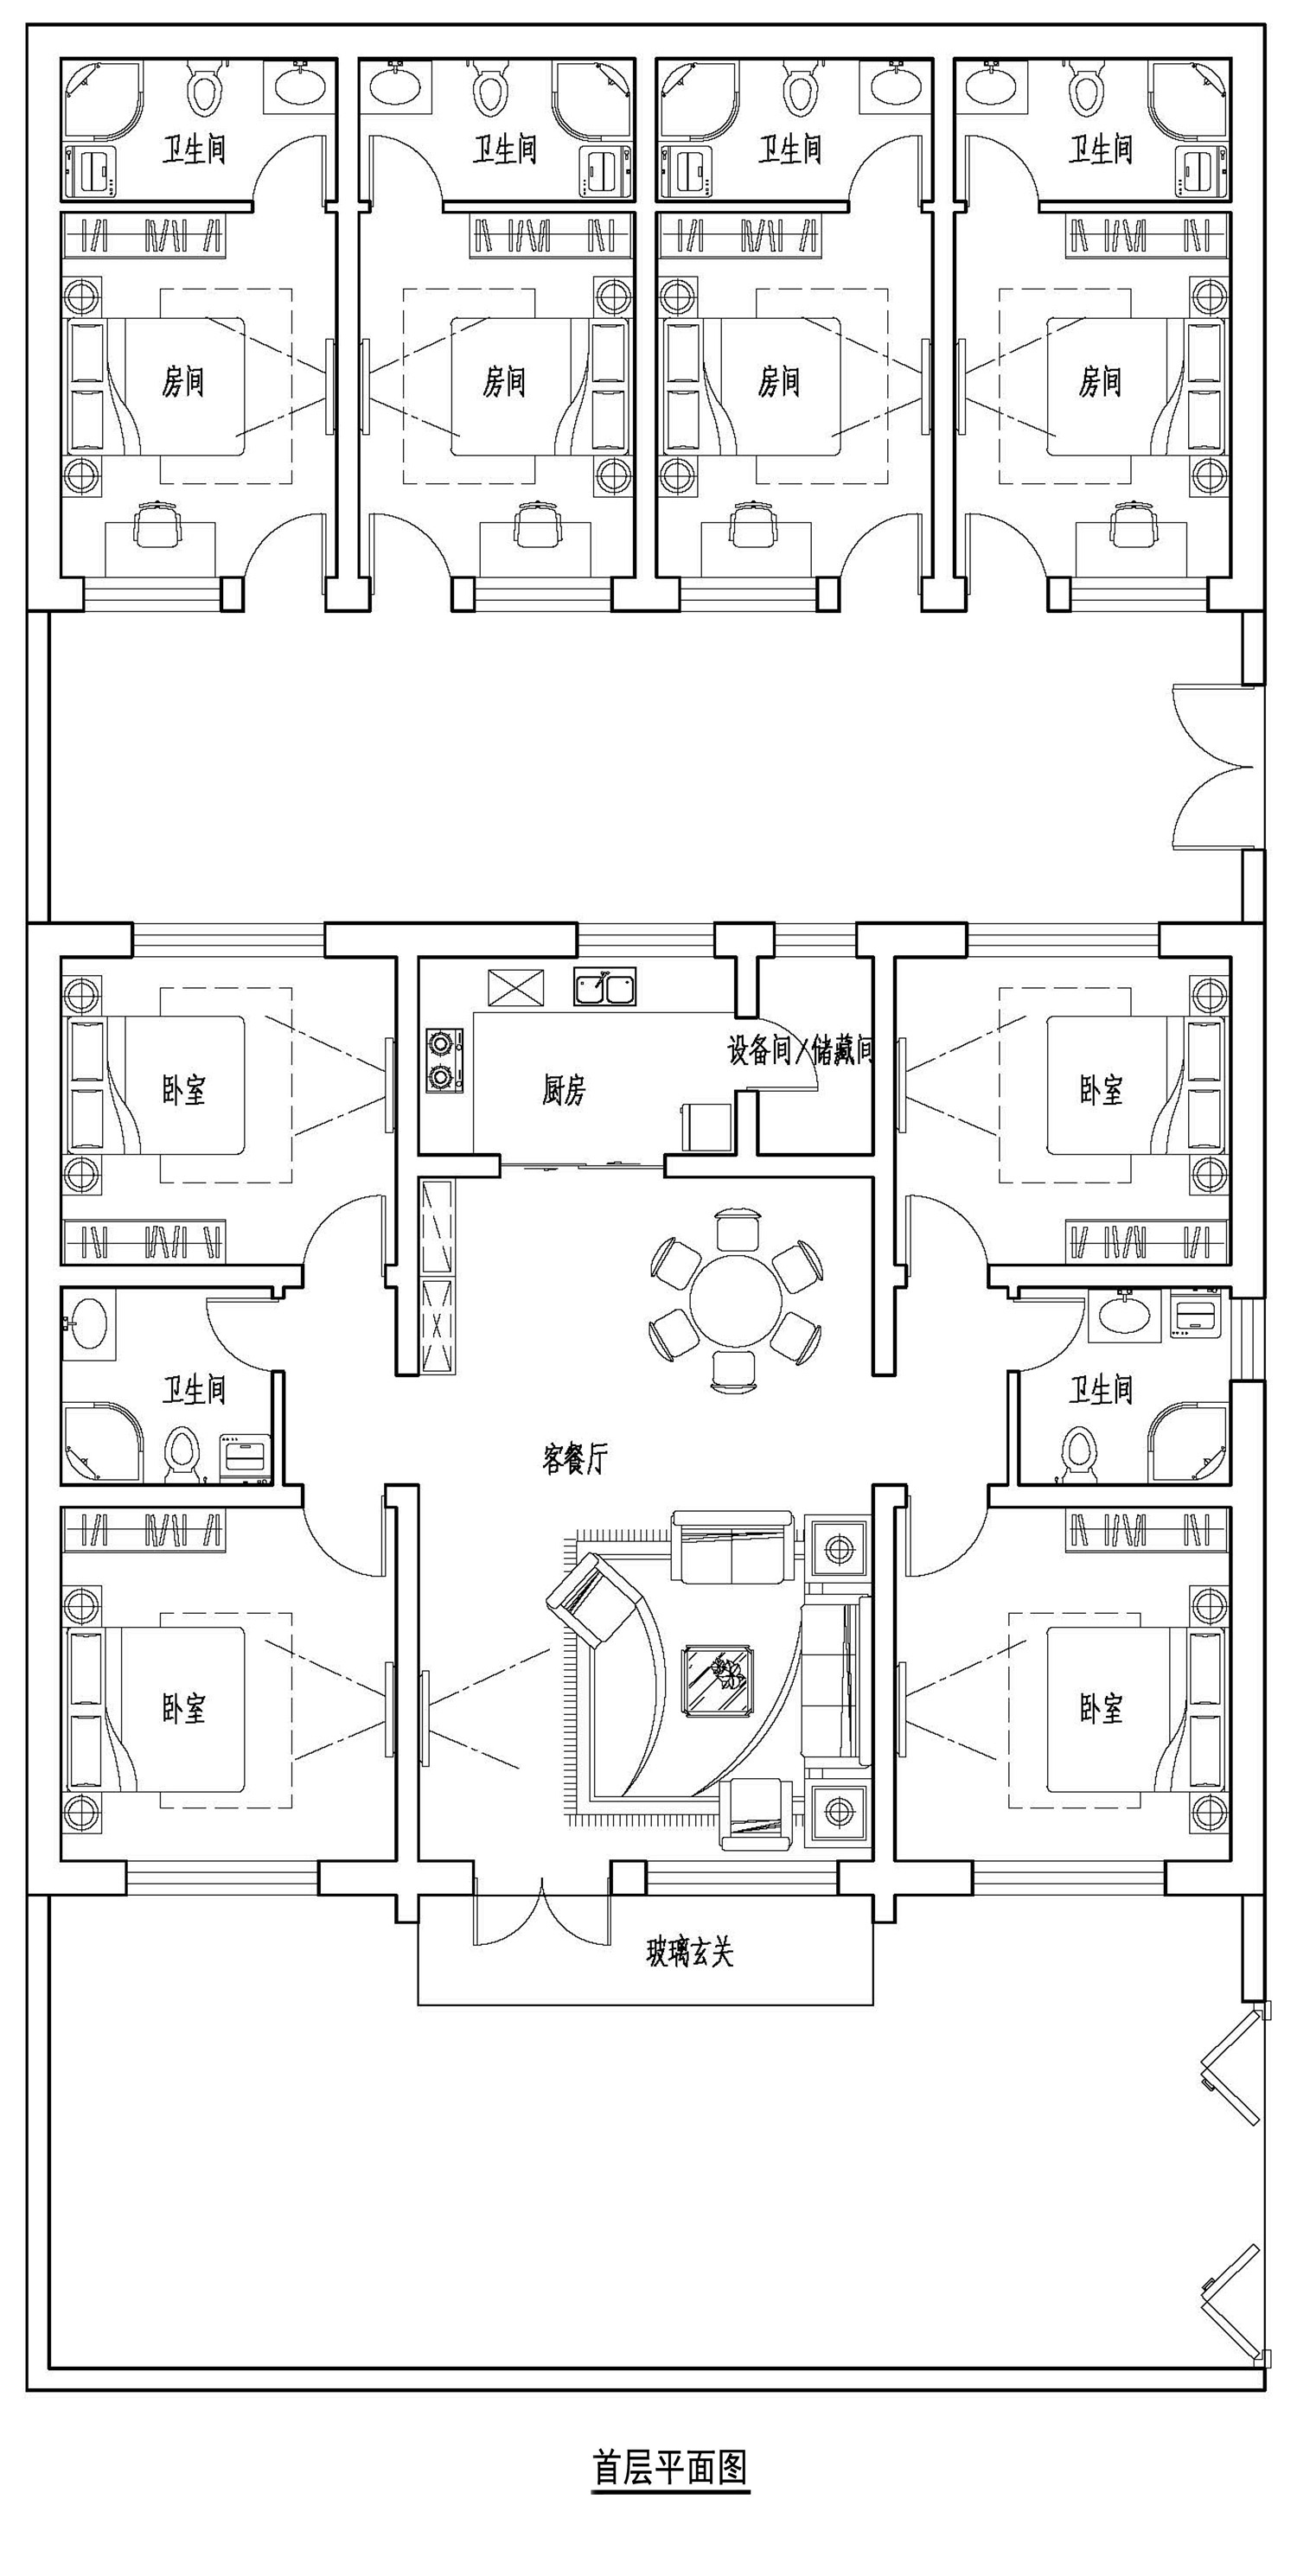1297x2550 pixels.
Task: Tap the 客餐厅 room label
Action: click(574, 1457)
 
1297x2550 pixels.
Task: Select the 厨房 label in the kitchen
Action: click(564, 1090)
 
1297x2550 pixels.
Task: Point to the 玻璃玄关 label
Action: click(690, 1952)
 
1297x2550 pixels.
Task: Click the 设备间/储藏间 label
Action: click(800, 1050)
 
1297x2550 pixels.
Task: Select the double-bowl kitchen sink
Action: click(605, 987)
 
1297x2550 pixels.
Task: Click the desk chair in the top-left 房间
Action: click(158, 524)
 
